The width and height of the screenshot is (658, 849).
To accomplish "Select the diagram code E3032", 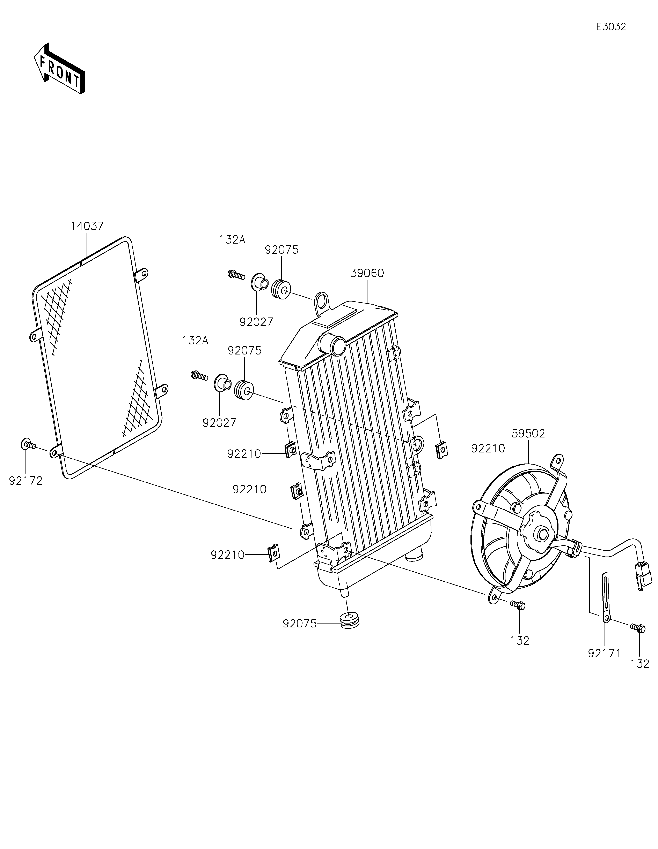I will (611, 27).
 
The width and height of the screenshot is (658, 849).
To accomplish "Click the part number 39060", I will (367, 273).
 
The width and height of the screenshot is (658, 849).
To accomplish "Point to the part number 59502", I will (528, 434).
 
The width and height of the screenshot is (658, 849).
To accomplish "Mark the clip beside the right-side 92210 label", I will (441, 450).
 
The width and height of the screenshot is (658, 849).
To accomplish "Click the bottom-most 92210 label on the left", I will (228, 555).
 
